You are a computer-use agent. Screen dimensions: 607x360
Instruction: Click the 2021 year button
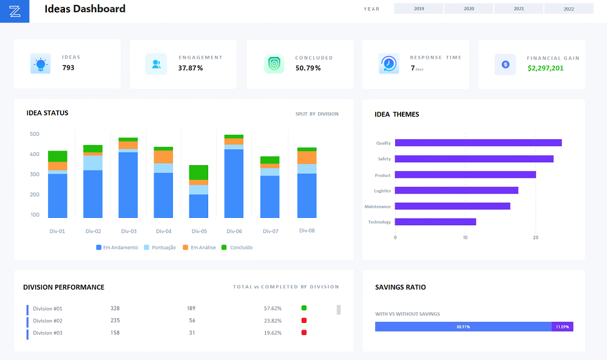tap(519, 8)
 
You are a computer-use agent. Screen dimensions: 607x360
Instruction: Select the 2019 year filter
tap(418, 8)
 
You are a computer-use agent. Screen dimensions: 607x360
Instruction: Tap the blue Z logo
tap(15, 11)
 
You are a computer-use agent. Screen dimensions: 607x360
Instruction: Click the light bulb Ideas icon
tap(40, 64)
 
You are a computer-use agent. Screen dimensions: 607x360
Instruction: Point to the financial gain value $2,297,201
tap(546, 68)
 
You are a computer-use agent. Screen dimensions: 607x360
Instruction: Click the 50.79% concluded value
tap(308, 68)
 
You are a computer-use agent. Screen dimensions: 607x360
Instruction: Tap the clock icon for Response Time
tap(388, 64)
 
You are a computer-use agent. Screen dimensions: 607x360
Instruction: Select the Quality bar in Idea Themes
tap(478, 143)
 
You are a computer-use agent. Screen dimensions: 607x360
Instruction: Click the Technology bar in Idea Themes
tap(435, 222)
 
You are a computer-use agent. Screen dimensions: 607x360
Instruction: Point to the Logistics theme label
tap(382, 191)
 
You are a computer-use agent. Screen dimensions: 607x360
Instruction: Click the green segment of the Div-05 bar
tap(198, 172)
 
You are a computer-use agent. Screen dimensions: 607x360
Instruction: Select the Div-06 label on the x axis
tap(234, 231)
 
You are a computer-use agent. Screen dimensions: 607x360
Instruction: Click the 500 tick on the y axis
tap(35, 134)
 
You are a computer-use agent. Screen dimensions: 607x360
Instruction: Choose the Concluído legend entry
tap(237, 247)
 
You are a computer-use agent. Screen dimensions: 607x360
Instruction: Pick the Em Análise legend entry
tap(199, 247)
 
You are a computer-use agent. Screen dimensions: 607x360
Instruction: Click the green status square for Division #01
tap(304, 308)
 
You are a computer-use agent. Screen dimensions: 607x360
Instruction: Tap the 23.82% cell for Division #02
tap(273, 321)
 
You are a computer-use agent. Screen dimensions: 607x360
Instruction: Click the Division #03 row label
tap(47, 333)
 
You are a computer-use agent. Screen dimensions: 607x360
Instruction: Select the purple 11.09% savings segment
tap(563, 327)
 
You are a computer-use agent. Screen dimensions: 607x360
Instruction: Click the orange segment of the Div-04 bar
tap(163, 157)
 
